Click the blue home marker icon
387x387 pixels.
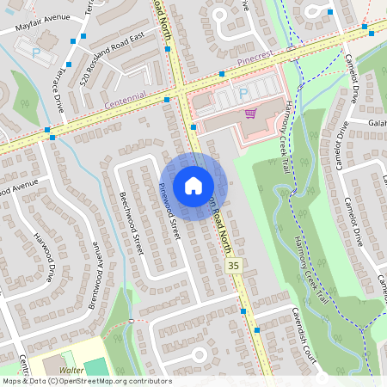click(193, 186)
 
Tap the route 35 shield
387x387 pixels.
click(235, 267)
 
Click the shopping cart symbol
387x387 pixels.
click(250, 113)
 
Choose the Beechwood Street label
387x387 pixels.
click(131, 222)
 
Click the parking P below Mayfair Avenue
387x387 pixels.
click(36, 53)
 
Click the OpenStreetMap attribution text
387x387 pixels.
click(87, 381)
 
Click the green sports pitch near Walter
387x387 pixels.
click(96, 368)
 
